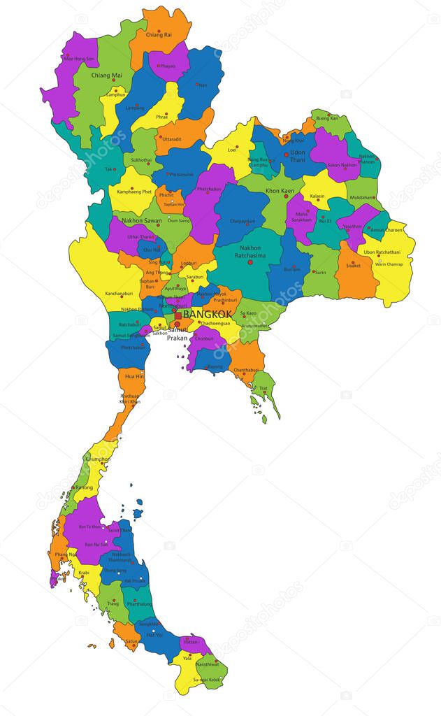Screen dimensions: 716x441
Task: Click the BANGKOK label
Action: [x=208, y=315]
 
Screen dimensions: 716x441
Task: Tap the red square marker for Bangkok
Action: [x=178, y=316]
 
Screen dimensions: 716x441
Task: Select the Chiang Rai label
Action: [x=159, y=34]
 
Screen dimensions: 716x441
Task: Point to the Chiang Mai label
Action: [x=107, y=75]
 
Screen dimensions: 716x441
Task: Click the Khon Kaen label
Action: [x=279, y=190]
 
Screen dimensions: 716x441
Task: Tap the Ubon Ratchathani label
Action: [x=382, y=252]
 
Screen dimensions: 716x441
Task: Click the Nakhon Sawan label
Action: [x=142, y=220]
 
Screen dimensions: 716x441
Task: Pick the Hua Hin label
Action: [x=134, y=376]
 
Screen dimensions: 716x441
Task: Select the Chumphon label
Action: [x=97, y=459]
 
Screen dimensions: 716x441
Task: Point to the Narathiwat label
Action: [x=208, y=664]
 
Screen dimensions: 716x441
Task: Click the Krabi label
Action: [x=84, y=573]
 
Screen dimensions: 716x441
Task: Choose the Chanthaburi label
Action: [x=246, y=370]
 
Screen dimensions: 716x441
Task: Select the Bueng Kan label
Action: [x=326, y=118]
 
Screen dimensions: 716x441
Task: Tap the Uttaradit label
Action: [x=171, y=138]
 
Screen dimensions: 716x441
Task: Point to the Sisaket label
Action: [x=353, y=266]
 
